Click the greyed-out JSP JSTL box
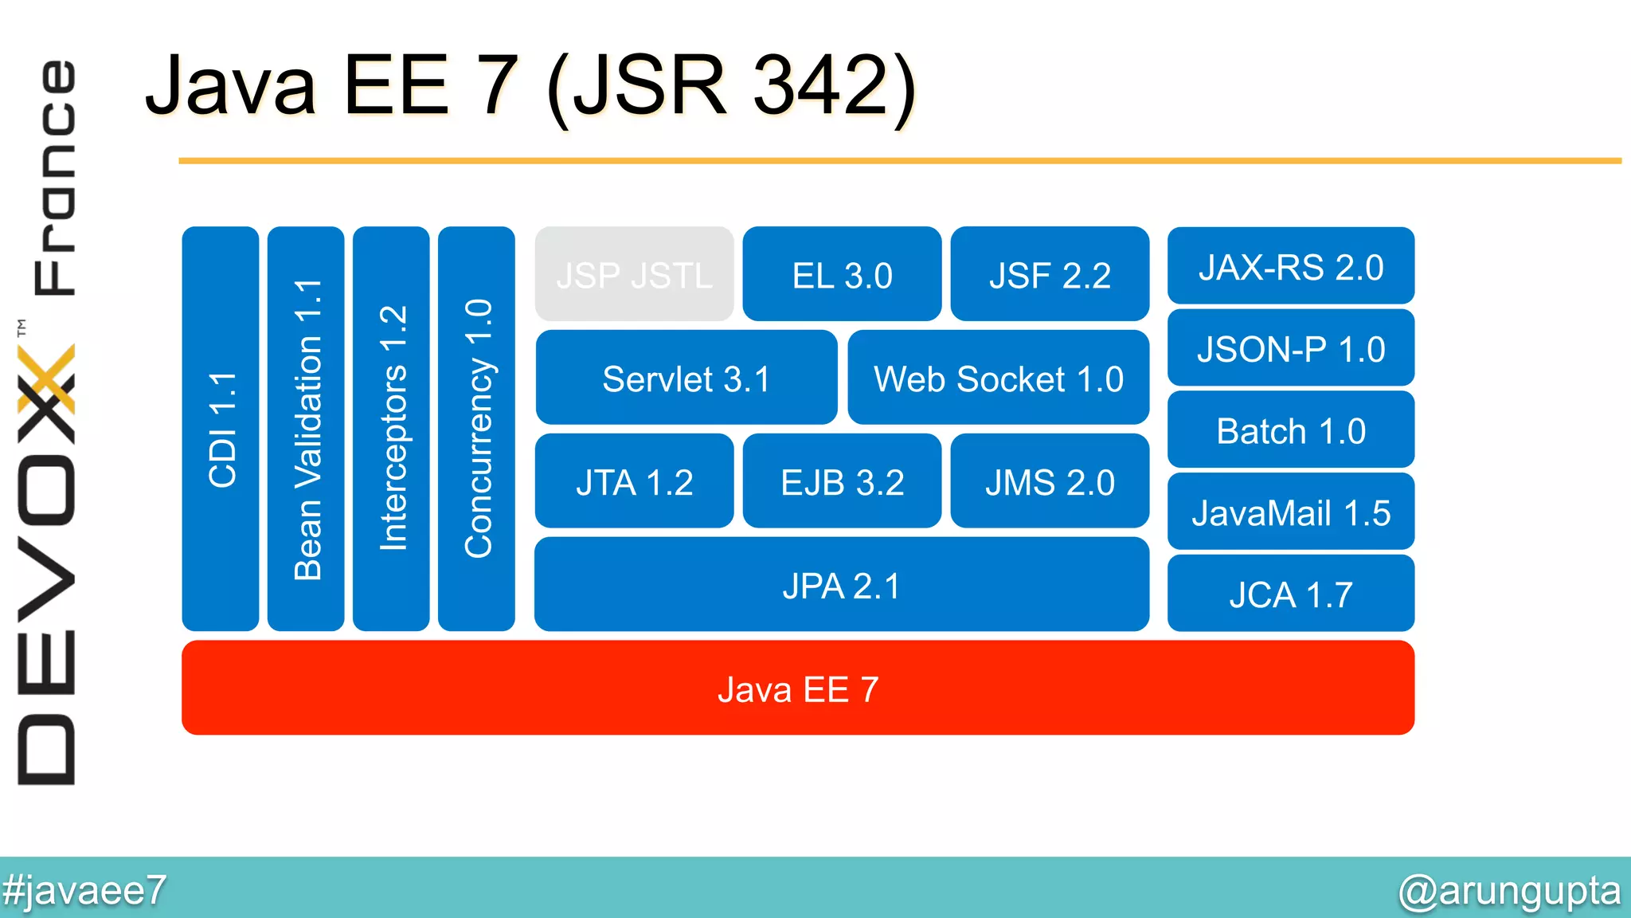coord(634,274)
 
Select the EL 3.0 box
coord(842,274)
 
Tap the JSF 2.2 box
coord(1050,274)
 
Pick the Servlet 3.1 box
coord(686,378)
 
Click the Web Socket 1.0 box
coord(998,378)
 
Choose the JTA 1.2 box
coord(634,481)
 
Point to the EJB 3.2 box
coord(842,481)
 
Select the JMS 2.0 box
coord(1050,481)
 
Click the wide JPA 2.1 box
coord(841,585)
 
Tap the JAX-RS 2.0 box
coord(1290,266)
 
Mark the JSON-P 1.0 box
coord(1290,348)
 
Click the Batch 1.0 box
coord(1290,430)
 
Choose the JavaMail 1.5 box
coord(1290,512)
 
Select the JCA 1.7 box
coord(1290,594)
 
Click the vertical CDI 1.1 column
coord(221,429)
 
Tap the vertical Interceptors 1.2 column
coord(391,429)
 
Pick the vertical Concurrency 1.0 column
coord(476,429)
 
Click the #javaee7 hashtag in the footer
coord(84,889)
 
